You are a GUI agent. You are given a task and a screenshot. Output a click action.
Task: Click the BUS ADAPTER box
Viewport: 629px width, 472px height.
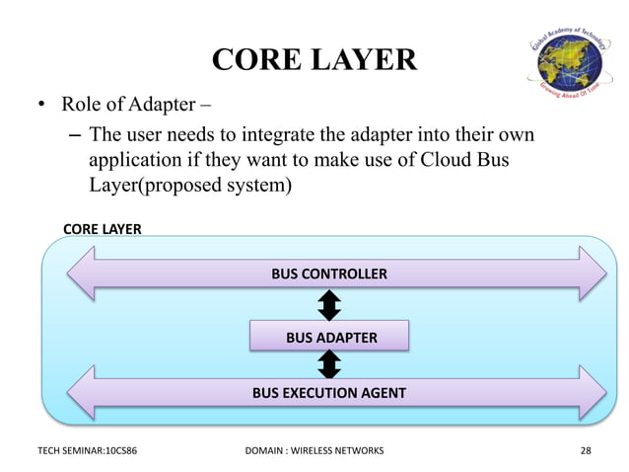(329, 337)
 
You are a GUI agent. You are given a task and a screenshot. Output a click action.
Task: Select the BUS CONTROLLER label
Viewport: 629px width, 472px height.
(329, 274)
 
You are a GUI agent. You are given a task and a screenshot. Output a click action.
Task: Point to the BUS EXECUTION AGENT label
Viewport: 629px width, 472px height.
(329, 392)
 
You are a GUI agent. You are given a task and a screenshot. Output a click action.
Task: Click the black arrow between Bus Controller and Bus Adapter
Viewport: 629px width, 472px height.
(329, 305)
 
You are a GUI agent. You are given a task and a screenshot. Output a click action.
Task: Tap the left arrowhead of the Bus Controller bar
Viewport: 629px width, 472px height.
(81, 274)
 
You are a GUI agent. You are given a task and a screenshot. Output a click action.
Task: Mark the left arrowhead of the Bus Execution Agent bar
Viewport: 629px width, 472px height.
(81, 391)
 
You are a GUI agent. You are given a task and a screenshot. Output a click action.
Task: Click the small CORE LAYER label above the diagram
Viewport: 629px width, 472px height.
(102, 229)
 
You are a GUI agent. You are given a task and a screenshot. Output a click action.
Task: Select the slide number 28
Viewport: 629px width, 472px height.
(587, 451)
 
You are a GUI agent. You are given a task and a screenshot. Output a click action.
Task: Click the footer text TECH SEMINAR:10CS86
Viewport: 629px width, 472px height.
(87, 451)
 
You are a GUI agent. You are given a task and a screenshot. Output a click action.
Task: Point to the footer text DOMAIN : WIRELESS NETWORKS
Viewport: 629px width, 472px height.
(314, 451)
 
